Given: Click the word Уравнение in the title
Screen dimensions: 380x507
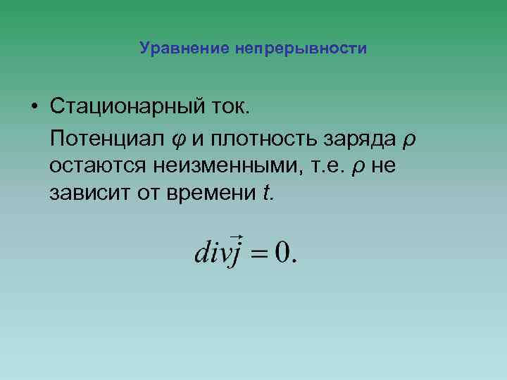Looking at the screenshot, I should click(182, 49).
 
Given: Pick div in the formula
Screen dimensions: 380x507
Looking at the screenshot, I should click(209, 251).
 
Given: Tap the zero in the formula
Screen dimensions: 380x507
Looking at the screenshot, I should click(283, 251).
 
